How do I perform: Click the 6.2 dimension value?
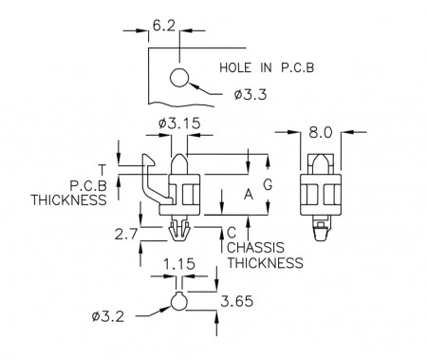point(163,26)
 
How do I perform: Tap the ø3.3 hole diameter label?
point(251,94)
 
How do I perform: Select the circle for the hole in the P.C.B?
point(179,77)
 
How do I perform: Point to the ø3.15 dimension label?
point(179,123)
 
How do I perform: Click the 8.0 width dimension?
point(321,133)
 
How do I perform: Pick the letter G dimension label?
point(268,184)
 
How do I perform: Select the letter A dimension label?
point(249,195)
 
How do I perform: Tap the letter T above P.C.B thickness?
point(102,170)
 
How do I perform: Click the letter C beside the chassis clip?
point(232,233)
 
